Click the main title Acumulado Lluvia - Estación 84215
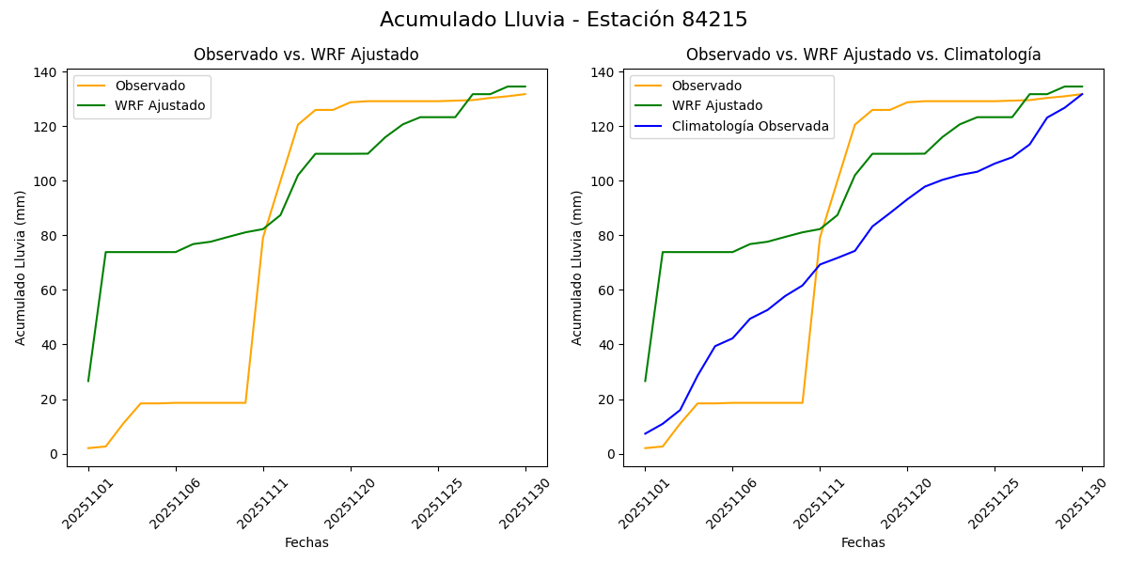tap(564, 20)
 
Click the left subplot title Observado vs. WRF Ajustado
tap(306, 55)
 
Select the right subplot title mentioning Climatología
tap(863, 55)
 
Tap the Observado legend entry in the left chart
tap(150, 86)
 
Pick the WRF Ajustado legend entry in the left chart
tap(160, 105)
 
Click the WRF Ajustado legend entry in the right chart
tap(716, 106)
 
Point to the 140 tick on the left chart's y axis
tap(46, 72)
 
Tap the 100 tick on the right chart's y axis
tap(603, 181)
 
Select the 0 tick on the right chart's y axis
tap(613, 454)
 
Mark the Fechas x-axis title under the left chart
tap(306, 542)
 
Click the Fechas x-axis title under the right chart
tap(863, 542)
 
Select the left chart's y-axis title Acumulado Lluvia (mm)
tap(21, 267)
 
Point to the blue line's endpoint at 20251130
tap(1082, 94)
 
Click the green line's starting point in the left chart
tap(88, 381)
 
